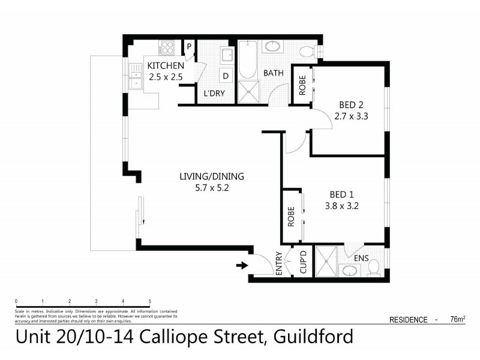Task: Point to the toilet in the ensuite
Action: tap(373, 268)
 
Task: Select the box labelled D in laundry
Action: tap(226, 76)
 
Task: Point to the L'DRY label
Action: tap(214, 94)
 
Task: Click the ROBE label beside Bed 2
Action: tap(302, 85)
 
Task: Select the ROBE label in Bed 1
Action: tap(291, 215)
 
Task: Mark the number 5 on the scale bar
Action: tap(149, 301)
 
